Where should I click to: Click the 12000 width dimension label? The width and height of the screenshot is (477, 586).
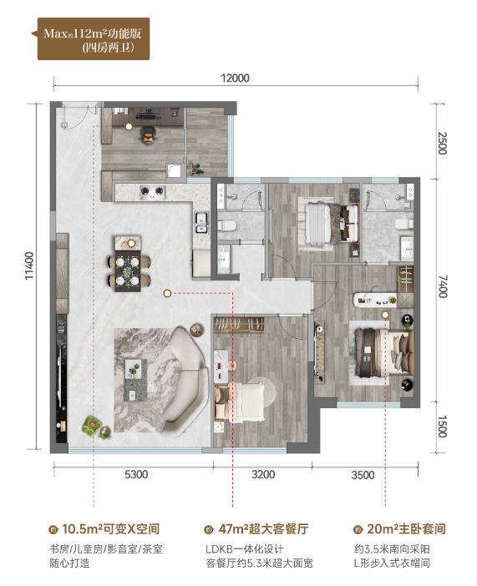(235, 78)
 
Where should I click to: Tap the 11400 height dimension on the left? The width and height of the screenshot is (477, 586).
(29, 265)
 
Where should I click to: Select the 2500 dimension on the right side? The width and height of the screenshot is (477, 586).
(442, 143)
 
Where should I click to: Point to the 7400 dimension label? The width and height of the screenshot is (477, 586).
(443, 286)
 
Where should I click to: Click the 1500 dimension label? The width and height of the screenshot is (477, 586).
(442, 427)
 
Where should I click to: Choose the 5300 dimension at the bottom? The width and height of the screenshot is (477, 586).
(136, 475)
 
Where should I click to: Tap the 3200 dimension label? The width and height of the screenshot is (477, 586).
(263, 475)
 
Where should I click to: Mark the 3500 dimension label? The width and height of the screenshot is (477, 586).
(363, 475)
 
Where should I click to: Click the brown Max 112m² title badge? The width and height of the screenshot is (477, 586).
(93, 39)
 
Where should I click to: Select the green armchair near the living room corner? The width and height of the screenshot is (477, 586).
(91, 426)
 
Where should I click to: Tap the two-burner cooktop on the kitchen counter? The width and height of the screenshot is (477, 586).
(152, 192)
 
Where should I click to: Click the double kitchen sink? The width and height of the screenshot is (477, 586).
(201, 223)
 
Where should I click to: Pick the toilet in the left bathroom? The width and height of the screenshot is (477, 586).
(226, 225)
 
